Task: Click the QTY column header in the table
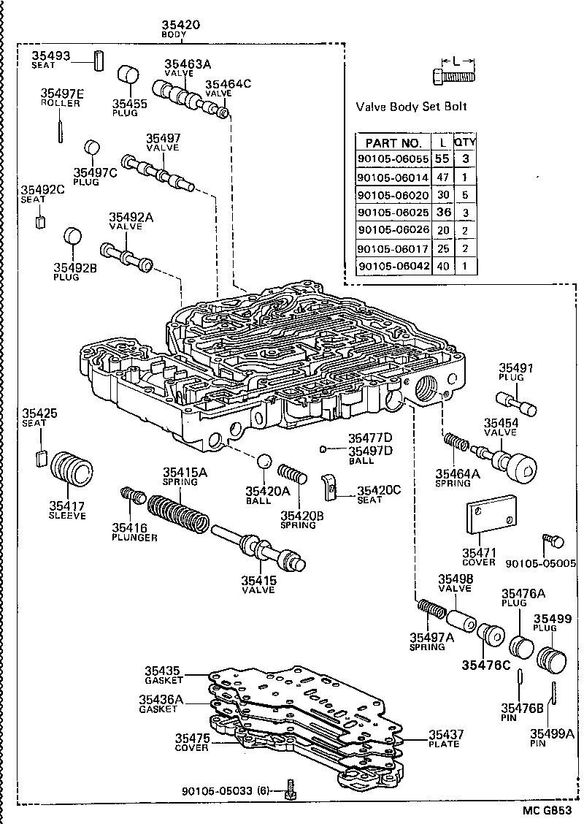pos(464,142)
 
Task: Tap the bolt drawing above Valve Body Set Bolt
pos(453,74)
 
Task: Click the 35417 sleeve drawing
pos(74,468)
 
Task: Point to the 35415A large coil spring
pos(178,514)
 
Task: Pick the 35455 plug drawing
pos(129,76)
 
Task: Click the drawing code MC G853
pos(545,812)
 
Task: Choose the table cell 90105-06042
pos(393,267)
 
